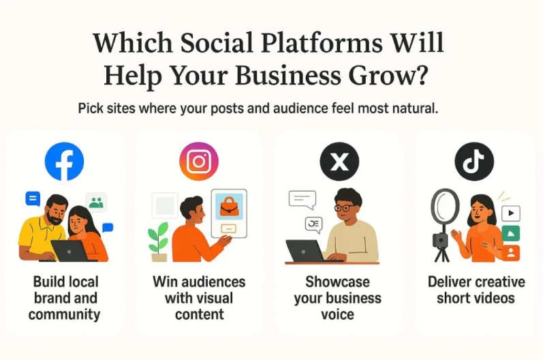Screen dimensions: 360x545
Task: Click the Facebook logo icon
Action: [64, 162]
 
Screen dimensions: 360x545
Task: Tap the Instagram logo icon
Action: [198, 162]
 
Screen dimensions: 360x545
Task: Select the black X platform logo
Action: [339, 162]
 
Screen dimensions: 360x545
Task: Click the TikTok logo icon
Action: [474, 162]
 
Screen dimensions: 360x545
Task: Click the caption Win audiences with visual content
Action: [199, 298]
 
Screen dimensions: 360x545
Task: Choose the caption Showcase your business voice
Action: [338, 298]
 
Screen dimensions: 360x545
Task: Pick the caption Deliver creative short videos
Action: [476, 290]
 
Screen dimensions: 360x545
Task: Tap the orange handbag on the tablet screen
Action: [229, 205]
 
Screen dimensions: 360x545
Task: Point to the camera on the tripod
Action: [441, 241]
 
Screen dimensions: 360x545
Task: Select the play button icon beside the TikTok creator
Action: [511, 213]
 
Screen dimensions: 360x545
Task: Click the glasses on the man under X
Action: [345, 207]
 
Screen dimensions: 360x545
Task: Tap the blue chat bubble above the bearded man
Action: [32, 198]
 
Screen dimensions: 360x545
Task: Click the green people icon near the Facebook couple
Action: [97, 202]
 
